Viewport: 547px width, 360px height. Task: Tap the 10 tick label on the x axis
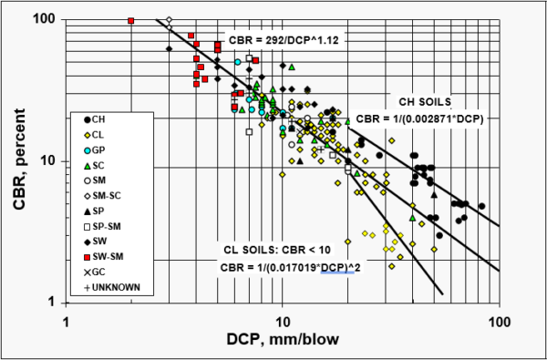tap(283, 320)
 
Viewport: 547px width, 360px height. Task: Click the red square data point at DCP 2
tap(132, 21)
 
